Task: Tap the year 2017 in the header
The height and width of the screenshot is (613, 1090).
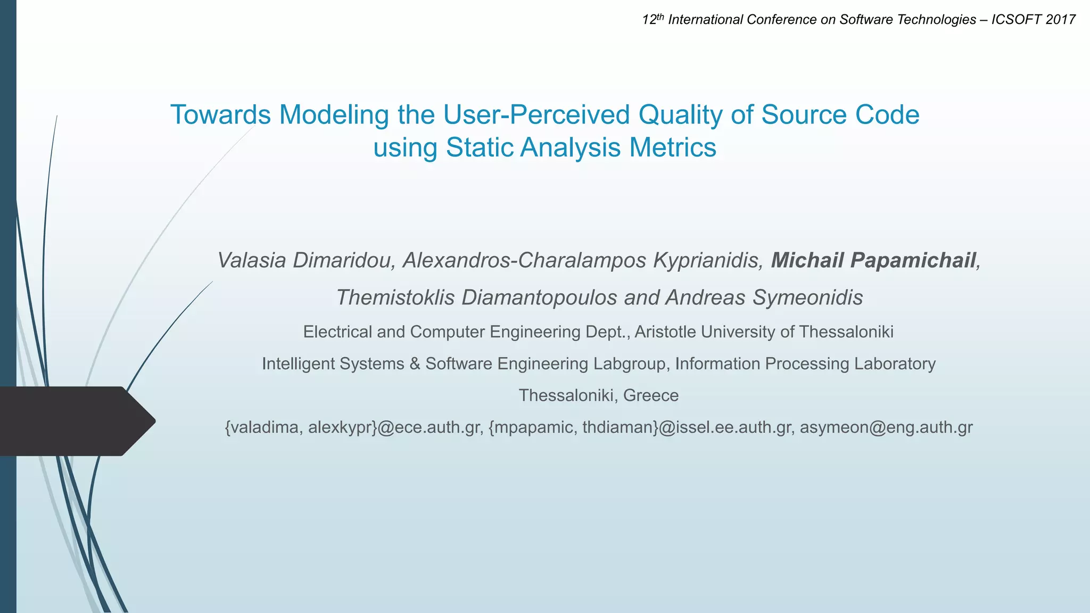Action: pyautogui.click(x=1060, y=20)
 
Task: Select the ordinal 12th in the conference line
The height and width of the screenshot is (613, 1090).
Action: pyautogui.click(x=653, y=20)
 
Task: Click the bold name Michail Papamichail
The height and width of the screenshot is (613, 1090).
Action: pyautogui.click(x=873, y=260)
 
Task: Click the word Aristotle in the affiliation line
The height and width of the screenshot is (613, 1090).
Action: pyautogui.click(x=665, y=332)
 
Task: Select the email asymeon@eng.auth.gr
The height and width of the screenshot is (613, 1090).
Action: pyautogui.click(x=886, y=427)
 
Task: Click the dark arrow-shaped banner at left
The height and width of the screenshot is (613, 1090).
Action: pyautogui.click(x=75, y=421)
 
